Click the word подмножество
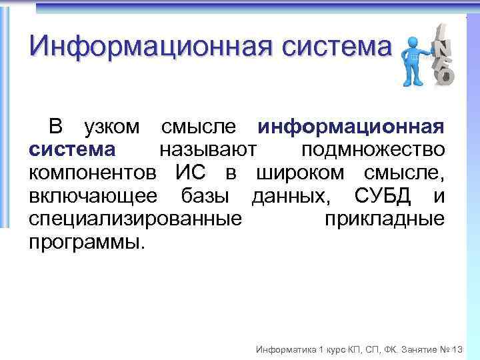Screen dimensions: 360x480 (x=373, y=150)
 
